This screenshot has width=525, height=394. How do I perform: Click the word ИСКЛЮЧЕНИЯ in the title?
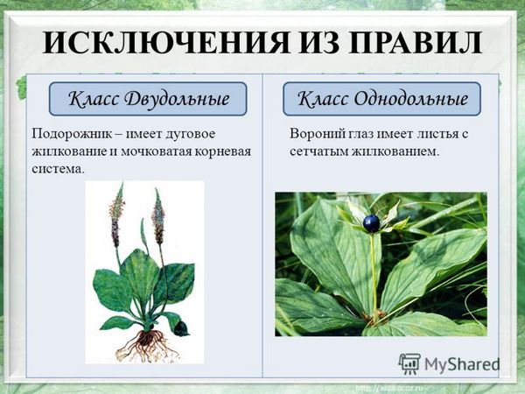pyautogui.click(x=166, y=43)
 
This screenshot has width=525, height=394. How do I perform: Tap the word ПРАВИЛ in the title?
pyautogui.click(x=414, y=43)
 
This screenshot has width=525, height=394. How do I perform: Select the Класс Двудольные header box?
pyautogui.click(x=148, y=99)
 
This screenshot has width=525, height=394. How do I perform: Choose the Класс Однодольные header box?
pyautogui.click(x=381, y=99)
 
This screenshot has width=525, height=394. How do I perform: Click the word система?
pyautogui.click(x=57, y=169)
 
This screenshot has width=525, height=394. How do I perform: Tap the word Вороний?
pyautogui.click(x=315, y=134)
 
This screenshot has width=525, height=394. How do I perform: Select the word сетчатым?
pyautogui.click(x=318, y=151)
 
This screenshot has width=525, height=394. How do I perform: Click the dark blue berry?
pyautogui.click(x=371, y=223)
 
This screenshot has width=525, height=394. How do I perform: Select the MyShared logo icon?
pyautogui.click(x=409, y=364)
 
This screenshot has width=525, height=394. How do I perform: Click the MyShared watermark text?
pyautogui.click(x=462, y=364)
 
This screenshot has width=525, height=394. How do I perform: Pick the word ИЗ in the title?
pyautogui.click(x=318, y=43)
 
